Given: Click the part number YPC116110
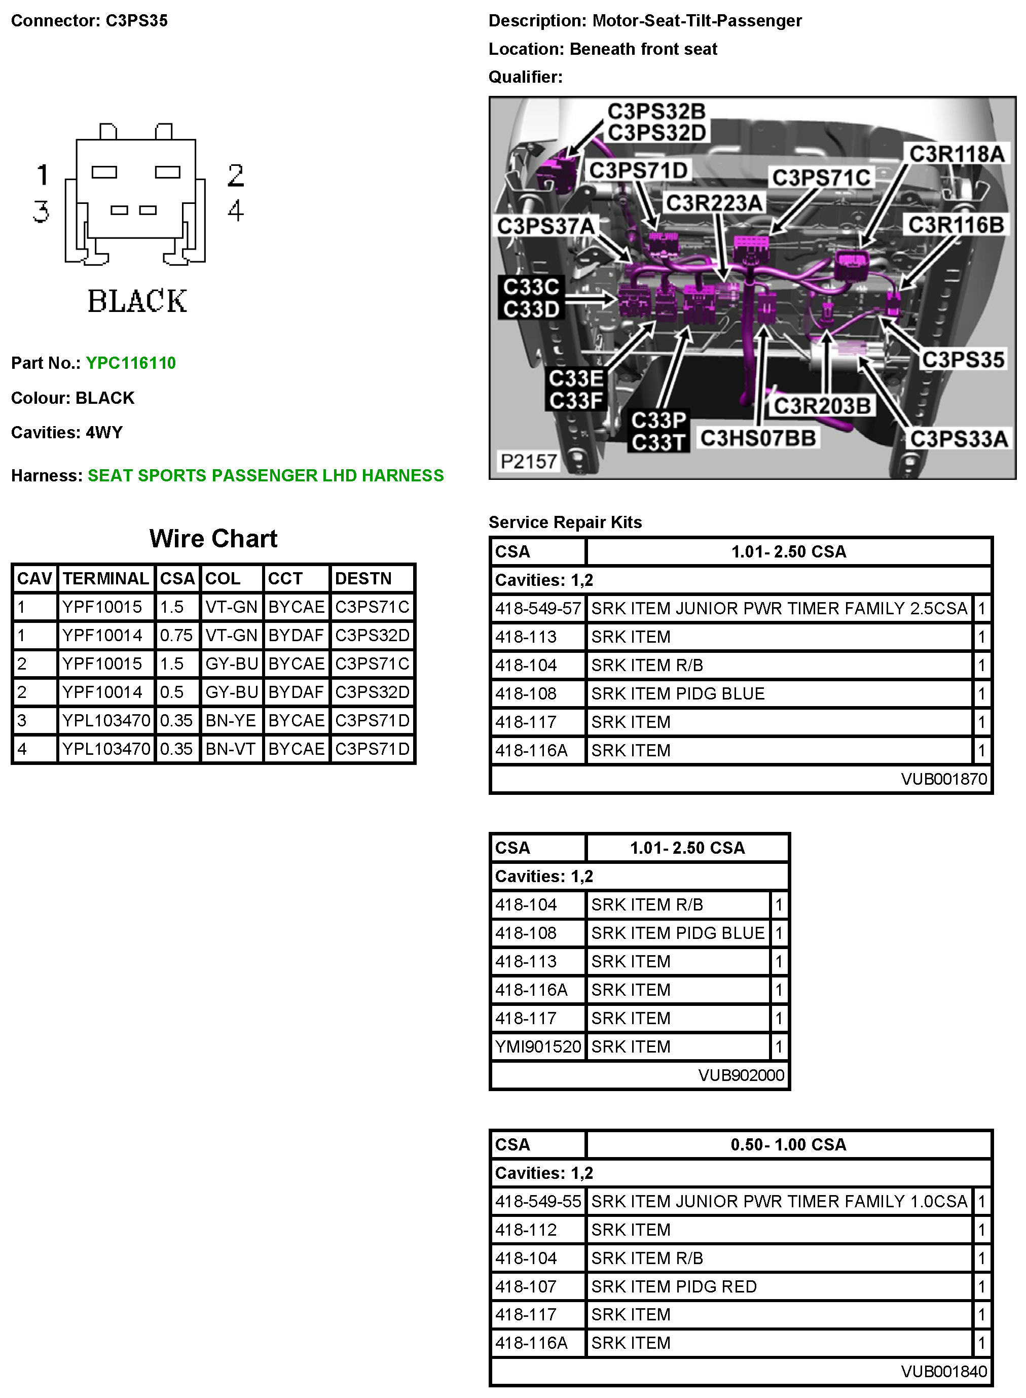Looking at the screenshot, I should [x=130, y=363].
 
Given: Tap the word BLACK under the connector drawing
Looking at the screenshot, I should [x=137, y=301].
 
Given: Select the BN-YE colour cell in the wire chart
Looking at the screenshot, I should [x=231, y=720].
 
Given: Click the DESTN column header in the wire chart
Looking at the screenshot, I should [x=363, y=578].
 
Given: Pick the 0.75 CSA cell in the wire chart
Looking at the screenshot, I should [x=176, y=635].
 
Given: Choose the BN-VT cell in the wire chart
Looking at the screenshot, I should [x=231, y=749].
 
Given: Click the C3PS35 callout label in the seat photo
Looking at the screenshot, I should [x=963, y=359].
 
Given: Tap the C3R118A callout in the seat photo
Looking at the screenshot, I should [x=957, y=154].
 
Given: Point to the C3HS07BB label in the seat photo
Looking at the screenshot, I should [x=758, y=438].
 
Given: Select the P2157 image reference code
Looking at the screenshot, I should [x=529, y=461].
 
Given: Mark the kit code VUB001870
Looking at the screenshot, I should [x=944, y=779].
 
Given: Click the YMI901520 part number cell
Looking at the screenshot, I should [x=538, y=1047].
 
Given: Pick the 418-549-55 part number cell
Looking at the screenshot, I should [x=538, y=1201].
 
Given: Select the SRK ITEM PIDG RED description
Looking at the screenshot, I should [x=674, y=1286].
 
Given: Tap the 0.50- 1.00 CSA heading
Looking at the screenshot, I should [x=788, y=1144].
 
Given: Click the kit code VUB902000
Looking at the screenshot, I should [x=741, y=1075].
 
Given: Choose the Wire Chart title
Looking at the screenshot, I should [x=213, y=539].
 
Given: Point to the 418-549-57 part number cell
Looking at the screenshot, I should [x=538, y=608].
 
